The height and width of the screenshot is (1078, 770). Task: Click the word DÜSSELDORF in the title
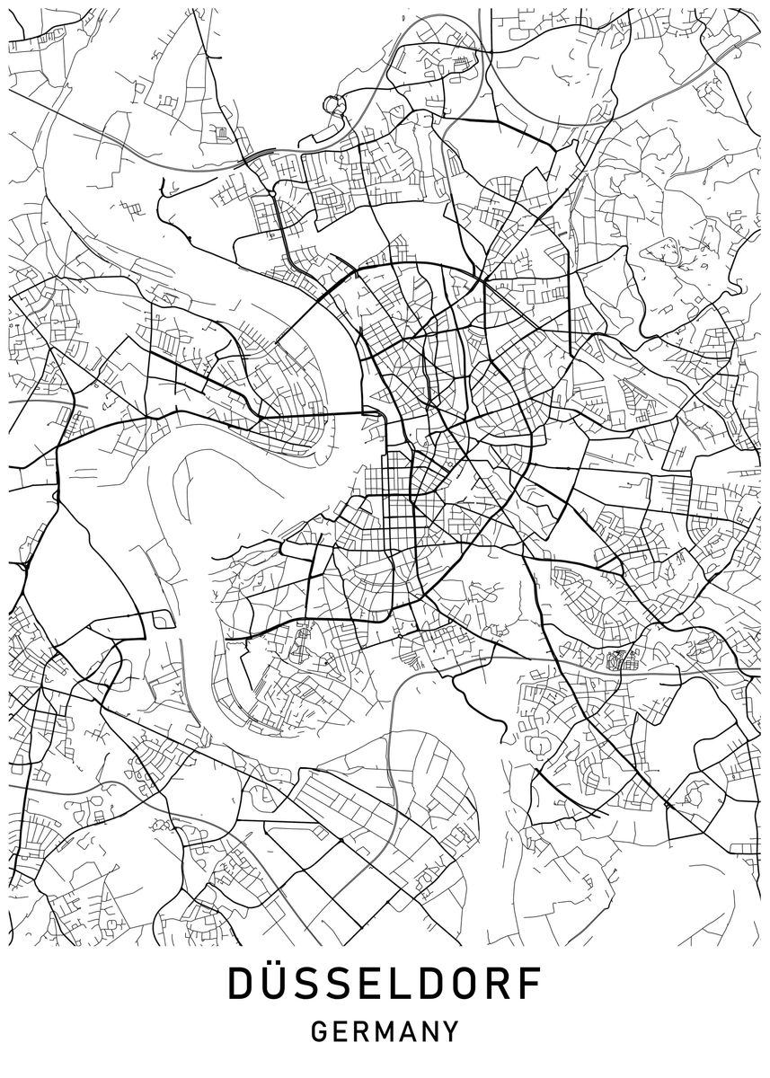click(x=385, y=985)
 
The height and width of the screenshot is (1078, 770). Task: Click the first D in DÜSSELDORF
click(x=242, y=985)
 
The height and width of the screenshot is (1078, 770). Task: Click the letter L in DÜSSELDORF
click(x=398, y=985)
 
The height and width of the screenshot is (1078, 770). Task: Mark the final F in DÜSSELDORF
click(x=531, y=985)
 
